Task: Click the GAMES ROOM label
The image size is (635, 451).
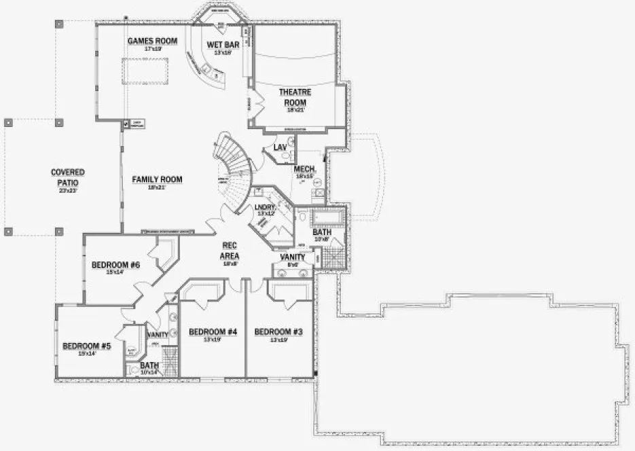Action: click(x=152, y=41)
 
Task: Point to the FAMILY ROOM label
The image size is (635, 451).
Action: click(x=157, y=179)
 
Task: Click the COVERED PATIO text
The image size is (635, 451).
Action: click(x=68, y=177)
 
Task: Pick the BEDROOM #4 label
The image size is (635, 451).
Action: click(x=212, y=332)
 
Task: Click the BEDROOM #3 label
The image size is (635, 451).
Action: click(x=278, y=332)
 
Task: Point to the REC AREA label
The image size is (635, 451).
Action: click(x=229, y=251)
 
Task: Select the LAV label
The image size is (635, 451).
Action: click(x=280, y=147)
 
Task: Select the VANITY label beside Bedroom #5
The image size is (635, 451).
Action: click(x=157, y=335)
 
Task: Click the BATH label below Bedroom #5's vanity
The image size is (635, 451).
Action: click(x=149, y=366)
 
